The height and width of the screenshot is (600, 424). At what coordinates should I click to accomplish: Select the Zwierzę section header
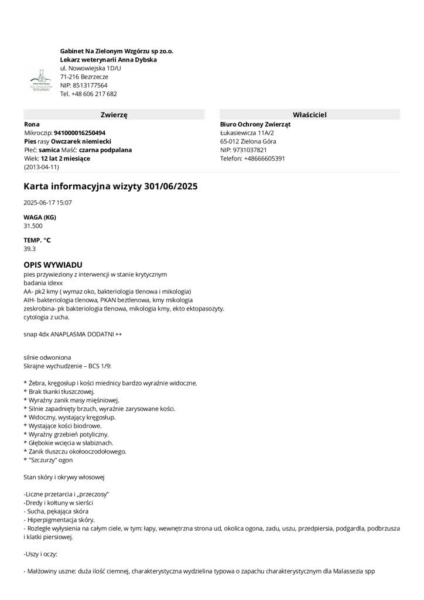(x=114, y=115)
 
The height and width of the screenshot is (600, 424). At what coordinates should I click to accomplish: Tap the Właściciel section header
(x=309, y=115)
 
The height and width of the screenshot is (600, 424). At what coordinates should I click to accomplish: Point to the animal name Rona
(x=32, y=124)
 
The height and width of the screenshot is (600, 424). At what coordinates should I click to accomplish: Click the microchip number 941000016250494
(x=80, y=133)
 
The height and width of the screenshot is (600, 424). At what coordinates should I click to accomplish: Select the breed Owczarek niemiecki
(x=81, y=141)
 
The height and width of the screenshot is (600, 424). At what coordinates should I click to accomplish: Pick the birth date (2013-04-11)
(x=42, y=167)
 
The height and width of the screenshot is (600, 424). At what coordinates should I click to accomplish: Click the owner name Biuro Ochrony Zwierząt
(x=255, y=124)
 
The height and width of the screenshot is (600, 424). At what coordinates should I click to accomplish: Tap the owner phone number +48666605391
(x=264, y=158)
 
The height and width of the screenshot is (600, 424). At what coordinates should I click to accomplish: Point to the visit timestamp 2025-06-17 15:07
(x=48, y=203)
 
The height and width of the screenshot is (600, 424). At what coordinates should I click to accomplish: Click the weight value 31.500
(x=33, y=226)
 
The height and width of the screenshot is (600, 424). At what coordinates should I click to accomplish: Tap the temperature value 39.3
(x=29, y=248)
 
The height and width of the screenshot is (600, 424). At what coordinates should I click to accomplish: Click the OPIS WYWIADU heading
(x=53, y=265)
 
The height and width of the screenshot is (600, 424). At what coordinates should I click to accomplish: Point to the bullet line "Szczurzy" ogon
(x=50, y=460)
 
